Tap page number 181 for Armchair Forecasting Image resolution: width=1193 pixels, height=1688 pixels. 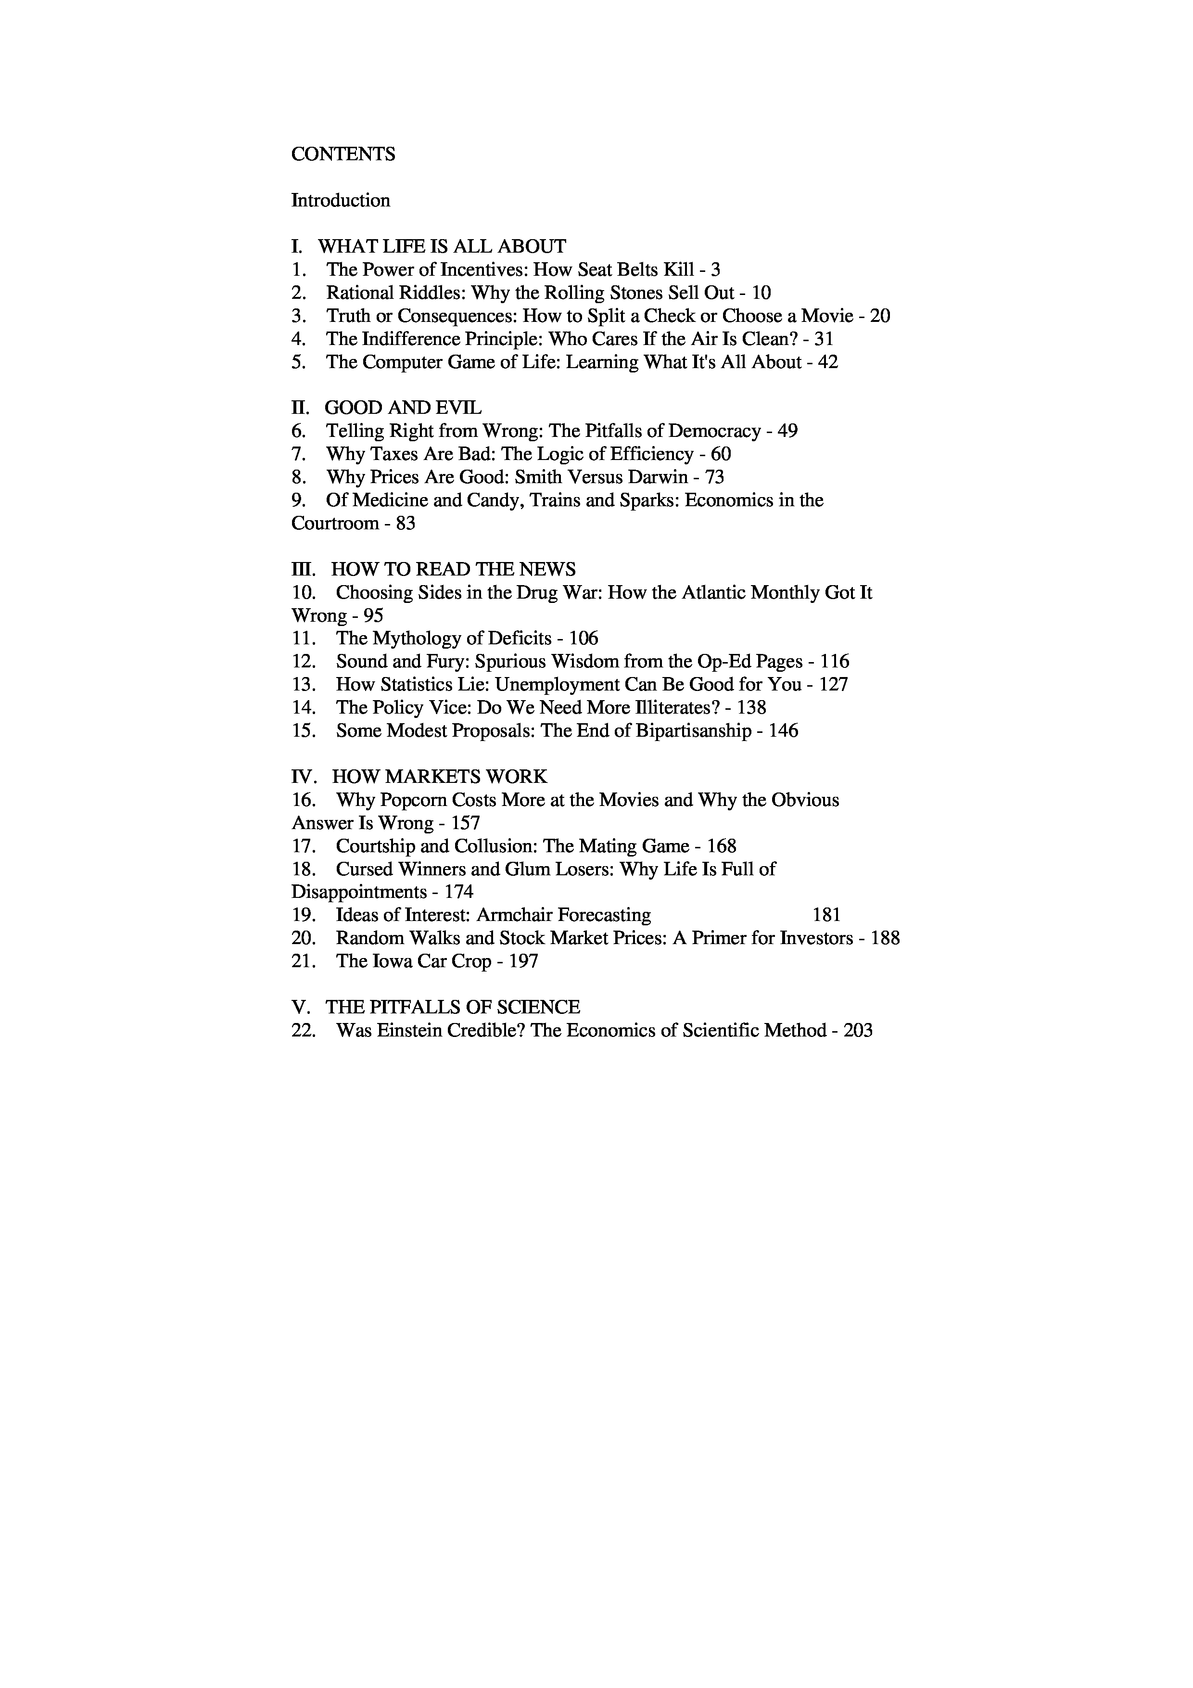click(x=826, y=915)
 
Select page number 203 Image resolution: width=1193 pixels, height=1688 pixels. click(x=858, y=1031)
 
